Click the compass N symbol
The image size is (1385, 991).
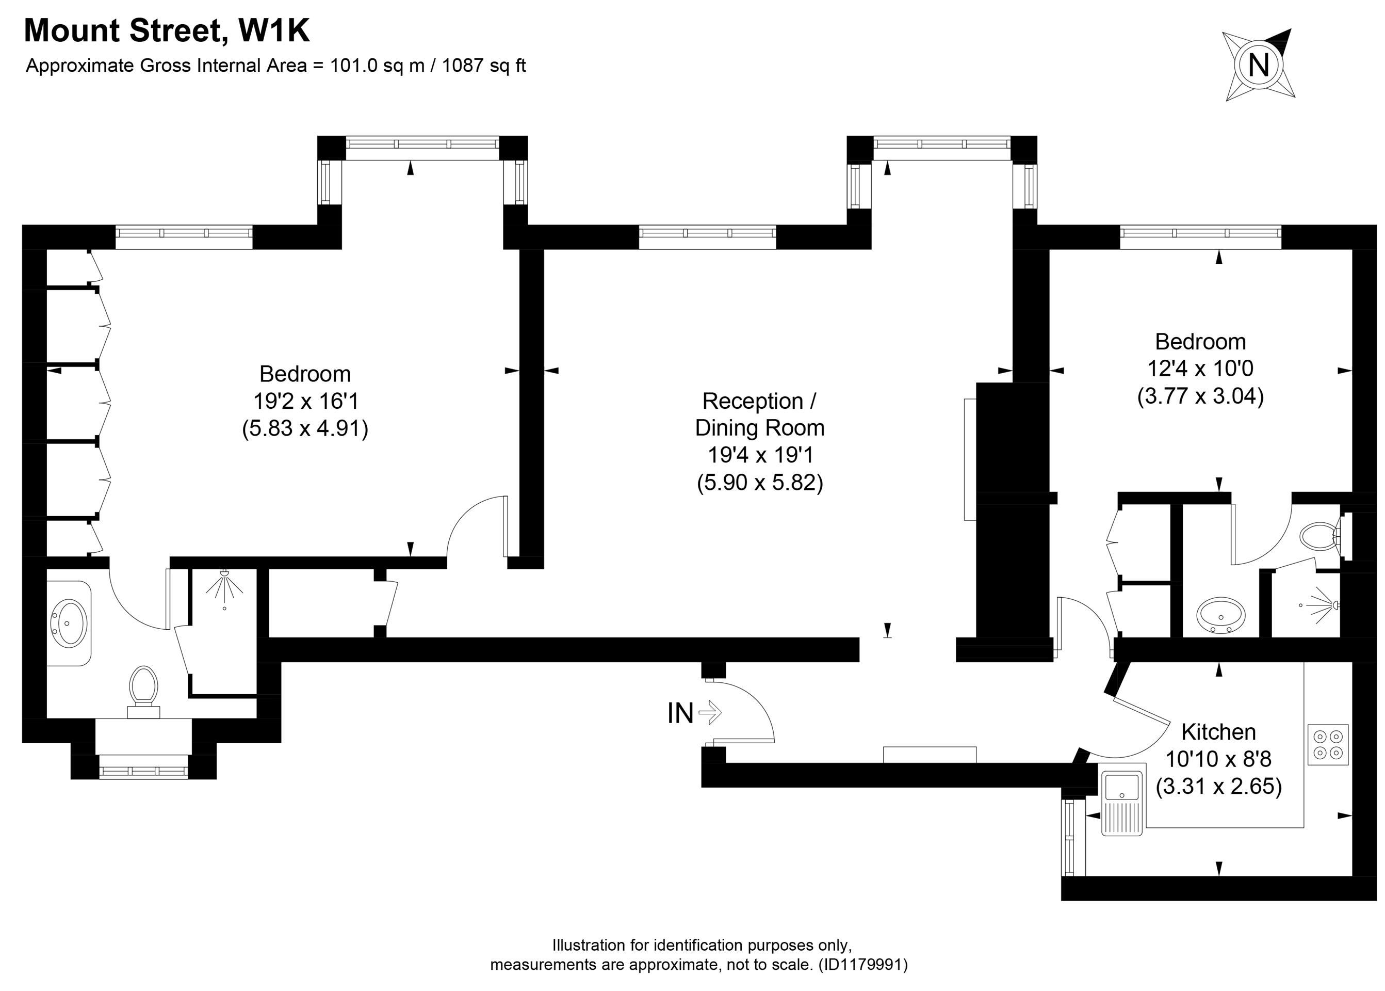(x=1259, y=65)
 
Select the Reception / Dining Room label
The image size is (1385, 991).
(x=759, y=414)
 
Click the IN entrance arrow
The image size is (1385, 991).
(x=710, y=712)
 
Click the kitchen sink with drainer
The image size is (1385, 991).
(x=1121, y=803)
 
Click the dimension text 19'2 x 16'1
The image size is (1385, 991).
(x=305, y=401)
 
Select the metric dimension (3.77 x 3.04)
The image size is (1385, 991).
(x=1200, y=396)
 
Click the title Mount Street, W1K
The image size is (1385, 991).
(x=167, y=30)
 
